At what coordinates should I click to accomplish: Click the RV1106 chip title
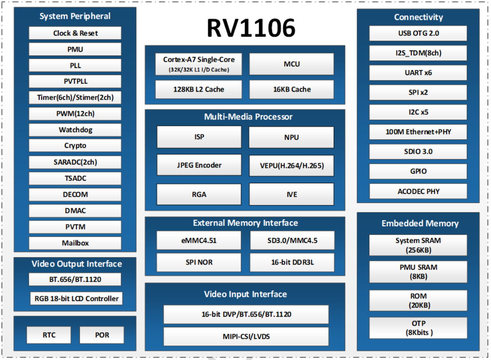(251, 28)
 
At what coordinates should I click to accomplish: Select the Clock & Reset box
(75, 33)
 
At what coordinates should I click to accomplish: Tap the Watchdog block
(75, 130)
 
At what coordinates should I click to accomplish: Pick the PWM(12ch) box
(75, 114)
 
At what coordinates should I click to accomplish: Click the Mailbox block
(75, 243)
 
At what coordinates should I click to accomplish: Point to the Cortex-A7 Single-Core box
(199, 64)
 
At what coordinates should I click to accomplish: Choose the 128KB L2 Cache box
(199, 89)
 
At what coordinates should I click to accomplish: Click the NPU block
(292, 137)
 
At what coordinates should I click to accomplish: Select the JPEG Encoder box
(199, 165)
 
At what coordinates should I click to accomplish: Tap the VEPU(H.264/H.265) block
(292, 165)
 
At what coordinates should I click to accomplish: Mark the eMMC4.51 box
(199, 240)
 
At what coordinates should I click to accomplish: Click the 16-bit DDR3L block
(292, 262)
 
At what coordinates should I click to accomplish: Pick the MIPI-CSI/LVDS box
(246, 336)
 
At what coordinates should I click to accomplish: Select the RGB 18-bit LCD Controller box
(76, 298)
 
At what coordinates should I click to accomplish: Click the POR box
(102, 335)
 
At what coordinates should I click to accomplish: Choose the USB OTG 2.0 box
(418, 33)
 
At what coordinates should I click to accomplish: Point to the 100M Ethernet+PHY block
(418, 132)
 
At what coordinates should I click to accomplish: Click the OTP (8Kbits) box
(418, 328)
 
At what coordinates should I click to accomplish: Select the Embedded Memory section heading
(420, 224)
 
